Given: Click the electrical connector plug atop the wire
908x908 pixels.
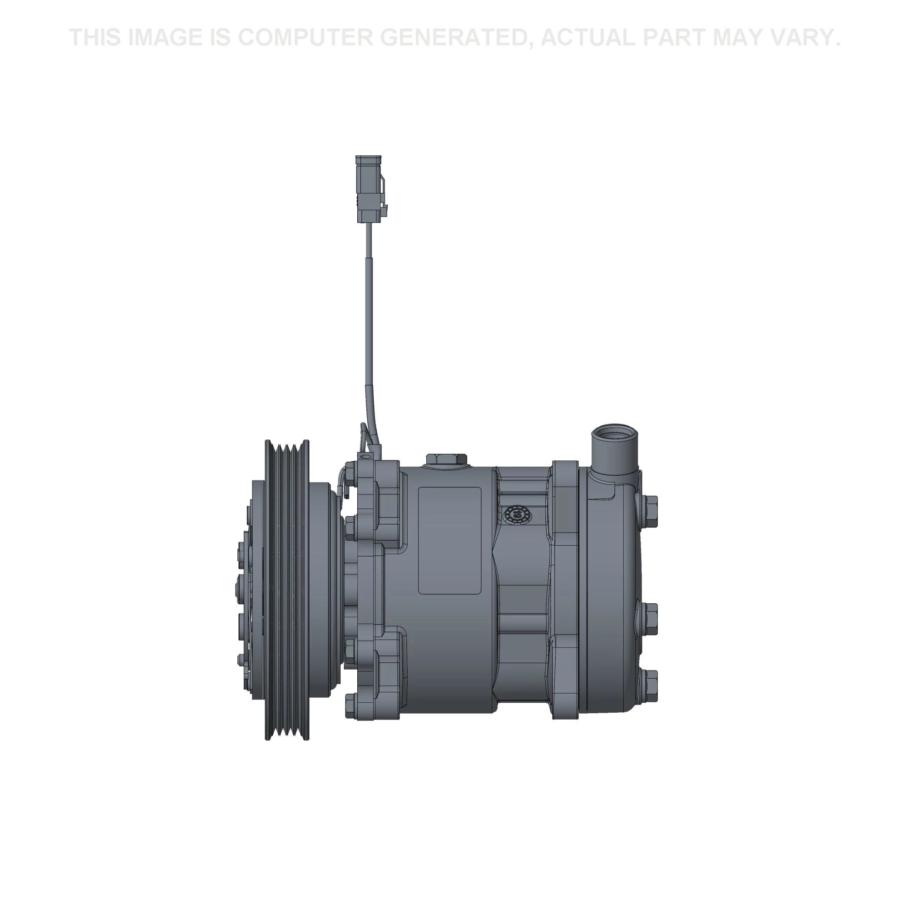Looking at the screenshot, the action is (372, 188).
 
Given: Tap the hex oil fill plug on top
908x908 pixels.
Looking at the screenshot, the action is (446, 460).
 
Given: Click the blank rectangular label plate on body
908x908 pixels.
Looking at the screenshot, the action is (450, 540).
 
